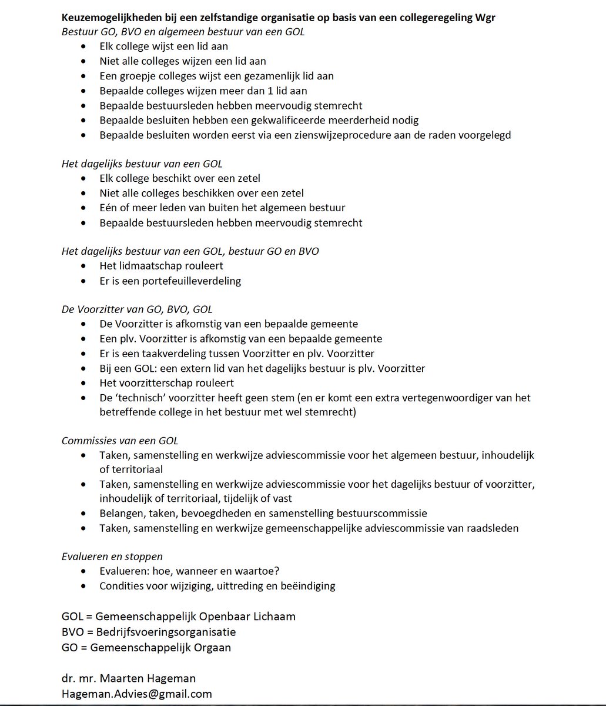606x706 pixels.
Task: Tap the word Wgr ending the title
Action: (484, 17)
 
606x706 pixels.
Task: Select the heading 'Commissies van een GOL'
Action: (120, 440)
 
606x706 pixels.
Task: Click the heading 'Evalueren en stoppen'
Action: (112, 556)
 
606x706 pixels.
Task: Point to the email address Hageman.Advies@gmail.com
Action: (136, 694)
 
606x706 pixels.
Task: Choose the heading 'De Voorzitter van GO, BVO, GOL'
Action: (137, 309)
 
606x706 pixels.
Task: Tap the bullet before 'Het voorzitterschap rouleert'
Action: (88, 383)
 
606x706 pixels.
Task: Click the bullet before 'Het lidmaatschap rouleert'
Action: (88, 266)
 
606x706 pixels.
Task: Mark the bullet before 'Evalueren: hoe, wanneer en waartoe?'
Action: (88, 571)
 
